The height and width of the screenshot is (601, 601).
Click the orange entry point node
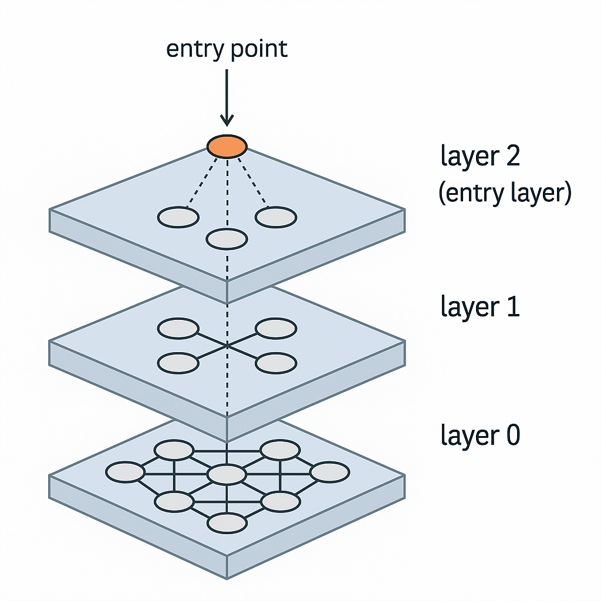tap(227, 146)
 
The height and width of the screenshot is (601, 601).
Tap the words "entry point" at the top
tap(227, 49)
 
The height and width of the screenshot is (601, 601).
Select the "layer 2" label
tap(480, 157)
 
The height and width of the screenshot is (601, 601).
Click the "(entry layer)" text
tap(505, 193)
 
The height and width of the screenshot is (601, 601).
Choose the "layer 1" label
tap(480, 307)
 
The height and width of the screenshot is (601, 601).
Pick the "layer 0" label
tap(480, 435)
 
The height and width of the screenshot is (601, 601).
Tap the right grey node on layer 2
tap(276, 217)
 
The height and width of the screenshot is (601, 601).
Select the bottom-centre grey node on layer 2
tap(227, 239)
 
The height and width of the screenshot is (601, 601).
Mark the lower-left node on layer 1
tap(178, 363)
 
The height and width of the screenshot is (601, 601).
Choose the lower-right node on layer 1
tap(276, 363)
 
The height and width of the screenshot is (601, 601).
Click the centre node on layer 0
tap(227, 474)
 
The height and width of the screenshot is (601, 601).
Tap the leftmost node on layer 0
tap(125, 472)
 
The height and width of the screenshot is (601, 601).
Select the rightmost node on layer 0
tap(330, 472)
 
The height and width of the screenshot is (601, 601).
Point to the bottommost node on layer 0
tap(227, 523)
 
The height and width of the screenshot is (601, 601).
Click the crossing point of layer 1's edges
tap(227, 346)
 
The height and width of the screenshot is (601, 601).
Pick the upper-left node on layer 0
tap(174, 451)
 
